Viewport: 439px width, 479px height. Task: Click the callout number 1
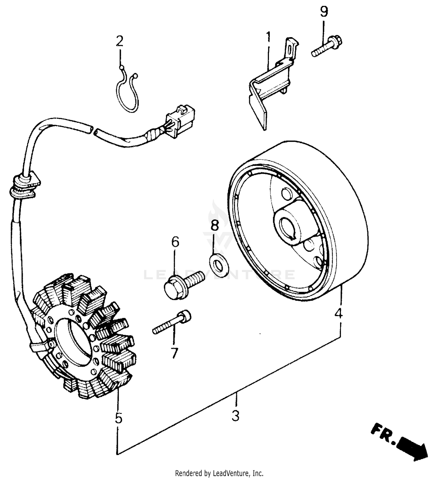click(268, 38)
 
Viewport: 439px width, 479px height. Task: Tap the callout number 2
click(120, 41)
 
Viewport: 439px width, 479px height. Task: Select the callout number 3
click(236, 416)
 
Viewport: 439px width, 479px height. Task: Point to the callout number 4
click(338, 314)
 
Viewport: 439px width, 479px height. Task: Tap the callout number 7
click(174, 353)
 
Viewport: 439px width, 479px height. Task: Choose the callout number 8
click(215, 225)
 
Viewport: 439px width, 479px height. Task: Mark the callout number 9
click(324, 11)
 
